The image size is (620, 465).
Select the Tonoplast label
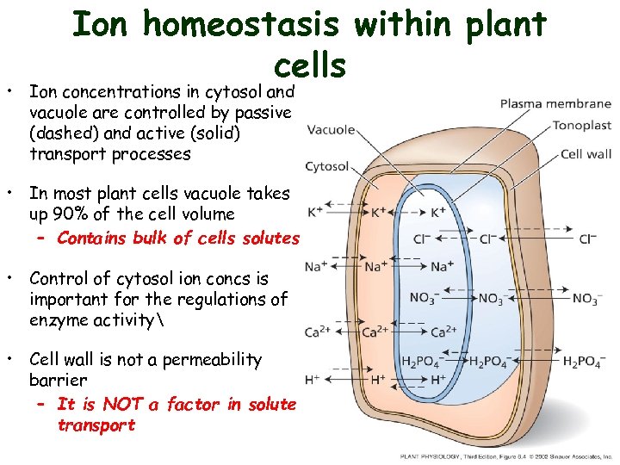pos(581,125)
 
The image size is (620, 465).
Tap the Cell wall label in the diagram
pos(586,154)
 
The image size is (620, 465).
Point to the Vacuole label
pos(331,130)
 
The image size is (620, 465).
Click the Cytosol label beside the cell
pos(327,167)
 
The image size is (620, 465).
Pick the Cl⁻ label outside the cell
pos(588,239)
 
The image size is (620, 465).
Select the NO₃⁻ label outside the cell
pos(585,299)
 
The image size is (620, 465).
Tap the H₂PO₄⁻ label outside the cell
pos(582,360)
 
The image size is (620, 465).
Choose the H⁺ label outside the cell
pos(313,380)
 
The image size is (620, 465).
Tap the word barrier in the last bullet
pos(59,380)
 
